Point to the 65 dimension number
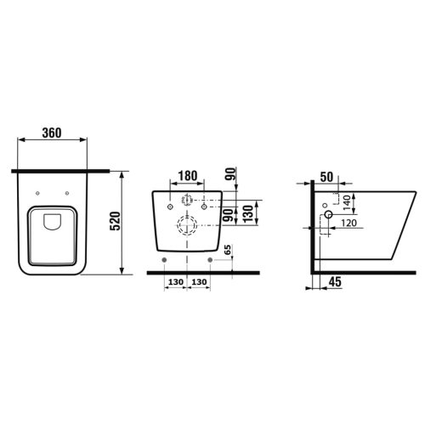[x=228, y=251]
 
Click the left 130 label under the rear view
[x=174, y=282]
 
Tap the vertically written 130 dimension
[x=247, y=212]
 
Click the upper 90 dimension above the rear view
[x=231, y=176]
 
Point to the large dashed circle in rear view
[x=186, y=226]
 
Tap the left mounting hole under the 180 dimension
[x=171, y=206]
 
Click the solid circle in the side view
[x=326, y=219]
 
